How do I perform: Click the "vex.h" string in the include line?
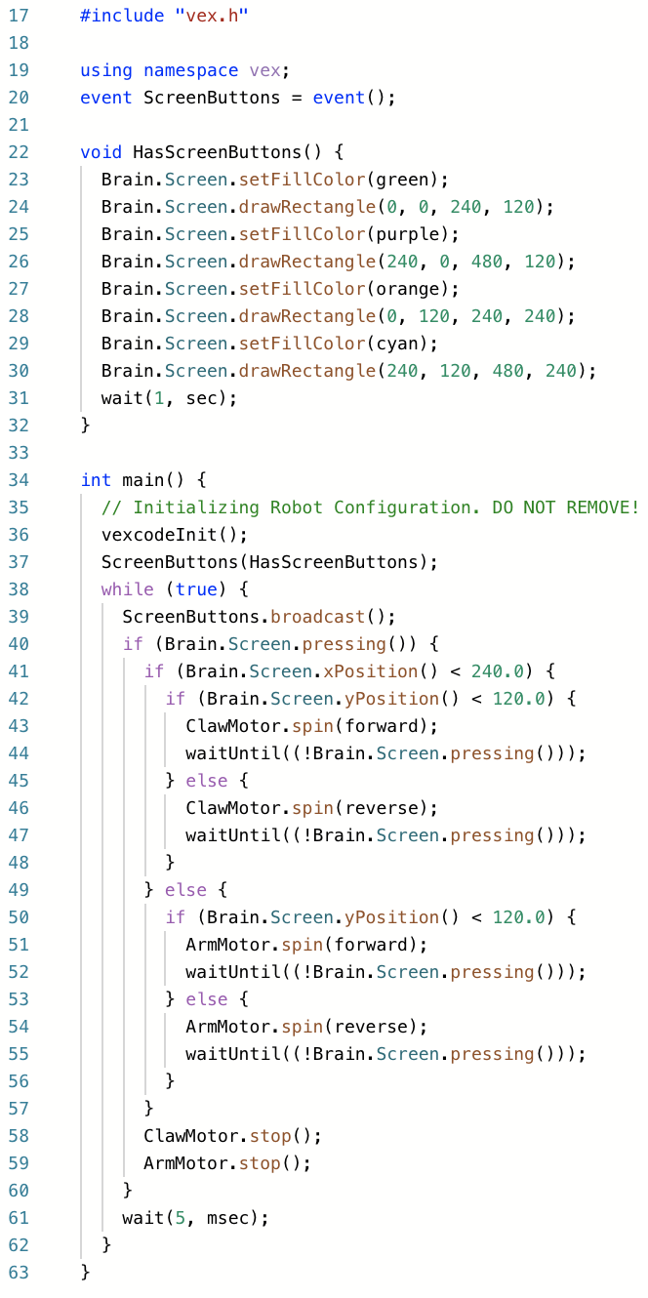click(212, 15)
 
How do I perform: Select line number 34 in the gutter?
click(19, 480)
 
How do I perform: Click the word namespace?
click(190, 70)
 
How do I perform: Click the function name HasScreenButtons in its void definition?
click(217, 152)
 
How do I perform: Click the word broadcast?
click(317, 617)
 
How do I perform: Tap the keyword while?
click(128, 589)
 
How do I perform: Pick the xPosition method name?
click(370, 671)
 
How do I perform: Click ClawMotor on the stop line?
click(190, 1136)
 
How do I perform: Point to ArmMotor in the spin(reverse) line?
click(227, 1027)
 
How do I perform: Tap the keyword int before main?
click(96, 480)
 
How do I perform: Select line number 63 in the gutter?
click(19, 1273)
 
